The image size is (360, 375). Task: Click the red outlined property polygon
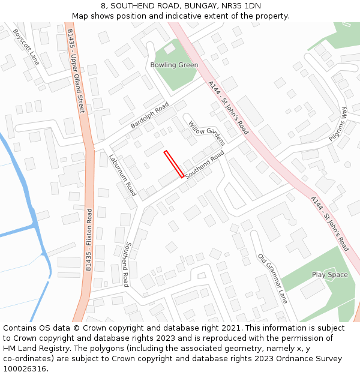174,164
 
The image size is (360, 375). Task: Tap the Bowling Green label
174,65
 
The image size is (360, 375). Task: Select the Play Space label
329,275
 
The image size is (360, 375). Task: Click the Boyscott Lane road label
26,47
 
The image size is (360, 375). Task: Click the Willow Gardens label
206,133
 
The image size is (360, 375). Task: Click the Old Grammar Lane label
273,278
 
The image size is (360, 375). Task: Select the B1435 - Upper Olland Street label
76,71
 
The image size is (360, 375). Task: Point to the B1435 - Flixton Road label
89,240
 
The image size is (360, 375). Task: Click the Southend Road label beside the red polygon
205,164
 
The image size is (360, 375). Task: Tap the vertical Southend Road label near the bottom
126,264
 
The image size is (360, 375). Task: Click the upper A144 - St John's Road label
229,107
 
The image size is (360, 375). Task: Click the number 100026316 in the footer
24,368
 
